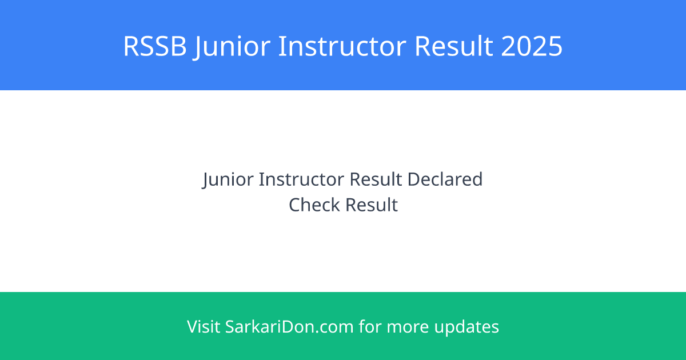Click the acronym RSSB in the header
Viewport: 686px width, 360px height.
click(x=155, y=46)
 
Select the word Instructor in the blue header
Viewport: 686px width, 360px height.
click(x=342, y=46)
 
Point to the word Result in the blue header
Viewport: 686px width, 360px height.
click(x=454, y=46)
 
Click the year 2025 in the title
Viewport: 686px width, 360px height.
click(x=532, y=46)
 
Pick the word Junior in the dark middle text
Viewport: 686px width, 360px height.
click(x=228, y=179)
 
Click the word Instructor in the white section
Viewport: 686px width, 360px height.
click(x=301, y=179)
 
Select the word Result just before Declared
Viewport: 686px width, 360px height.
click(x=376, y=179)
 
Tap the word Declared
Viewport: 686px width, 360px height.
click(x=445, y=179)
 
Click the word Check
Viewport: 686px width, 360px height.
click(x=314, y=205)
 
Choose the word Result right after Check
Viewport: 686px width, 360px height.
click(x=372, y=205)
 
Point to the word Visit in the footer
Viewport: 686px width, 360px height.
click(x=204, y=327)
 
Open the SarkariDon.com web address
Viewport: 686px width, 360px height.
click(x=289, y=327)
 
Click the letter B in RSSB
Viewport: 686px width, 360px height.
click(x=178, y=46)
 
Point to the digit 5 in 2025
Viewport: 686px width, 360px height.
click(x=555, y=46)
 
